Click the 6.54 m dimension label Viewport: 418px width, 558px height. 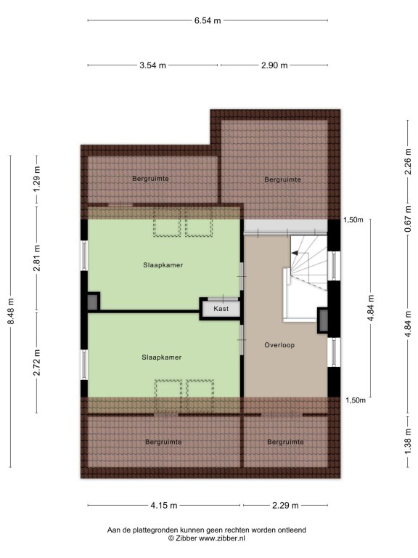tap(208, 20)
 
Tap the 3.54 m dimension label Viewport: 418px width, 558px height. tap(152, 65)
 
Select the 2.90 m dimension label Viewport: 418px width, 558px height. tap(274, 65)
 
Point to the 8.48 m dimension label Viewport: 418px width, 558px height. tap(11, 311)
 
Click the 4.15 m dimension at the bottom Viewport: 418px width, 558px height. tap(163, 506)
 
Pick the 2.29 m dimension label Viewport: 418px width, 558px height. tap(285, 506)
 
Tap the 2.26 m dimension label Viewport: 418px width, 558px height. tap(408, 162)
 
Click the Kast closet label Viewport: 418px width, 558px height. tap(221, 309)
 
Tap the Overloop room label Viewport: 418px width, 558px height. tap(279, 345)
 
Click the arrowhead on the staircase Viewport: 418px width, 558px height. tap(295, 253)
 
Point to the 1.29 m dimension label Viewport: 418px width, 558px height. tap(36, 179)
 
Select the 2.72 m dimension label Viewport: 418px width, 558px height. tap(36, 363)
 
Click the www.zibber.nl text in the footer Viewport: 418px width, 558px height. tap(222, 538)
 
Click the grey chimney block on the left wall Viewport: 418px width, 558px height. tap(92, 302)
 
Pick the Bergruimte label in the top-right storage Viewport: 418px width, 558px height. tap(282, 179)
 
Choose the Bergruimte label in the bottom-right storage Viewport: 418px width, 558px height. tap(285, 442)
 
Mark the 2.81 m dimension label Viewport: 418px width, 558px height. tap(36, 258)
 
